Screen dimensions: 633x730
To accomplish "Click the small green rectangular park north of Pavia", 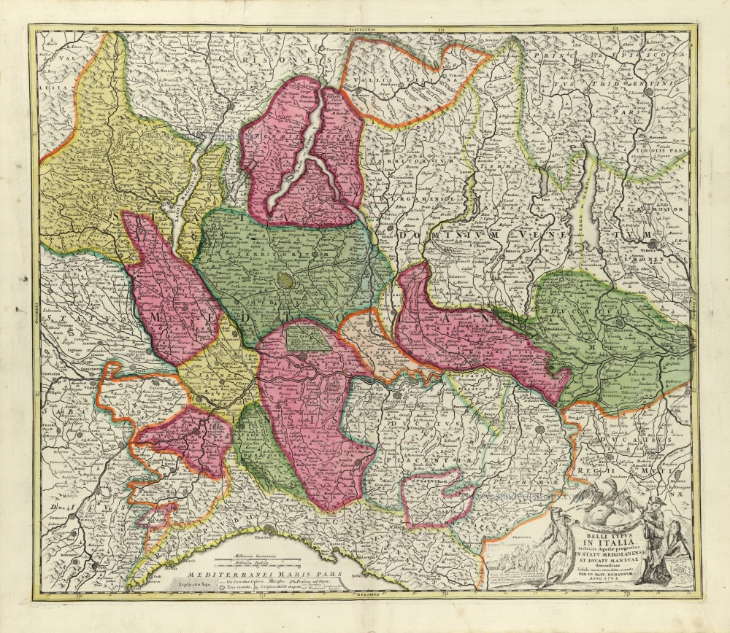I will pos(307,337).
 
